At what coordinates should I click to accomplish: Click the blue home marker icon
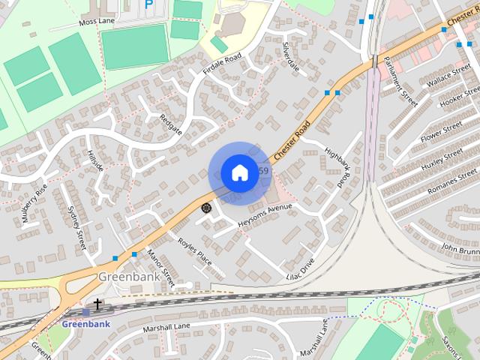click(x=238, y=172)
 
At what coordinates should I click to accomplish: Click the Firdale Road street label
click(x=222, y=64)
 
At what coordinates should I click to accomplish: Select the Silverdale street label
click(x=291, y=57)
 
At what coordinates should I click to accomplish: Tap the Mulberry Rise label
click(x=34, y=199)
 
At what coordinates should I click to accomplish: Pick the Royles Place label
click(x=194, y=252)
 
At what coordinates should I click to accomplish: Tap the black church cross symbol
click(x=97, y=303)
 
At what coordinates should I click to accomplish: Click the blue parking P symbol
click(x=148, y=4)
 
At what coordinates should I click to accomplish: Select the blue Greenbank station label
click(x=85, y=324)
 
